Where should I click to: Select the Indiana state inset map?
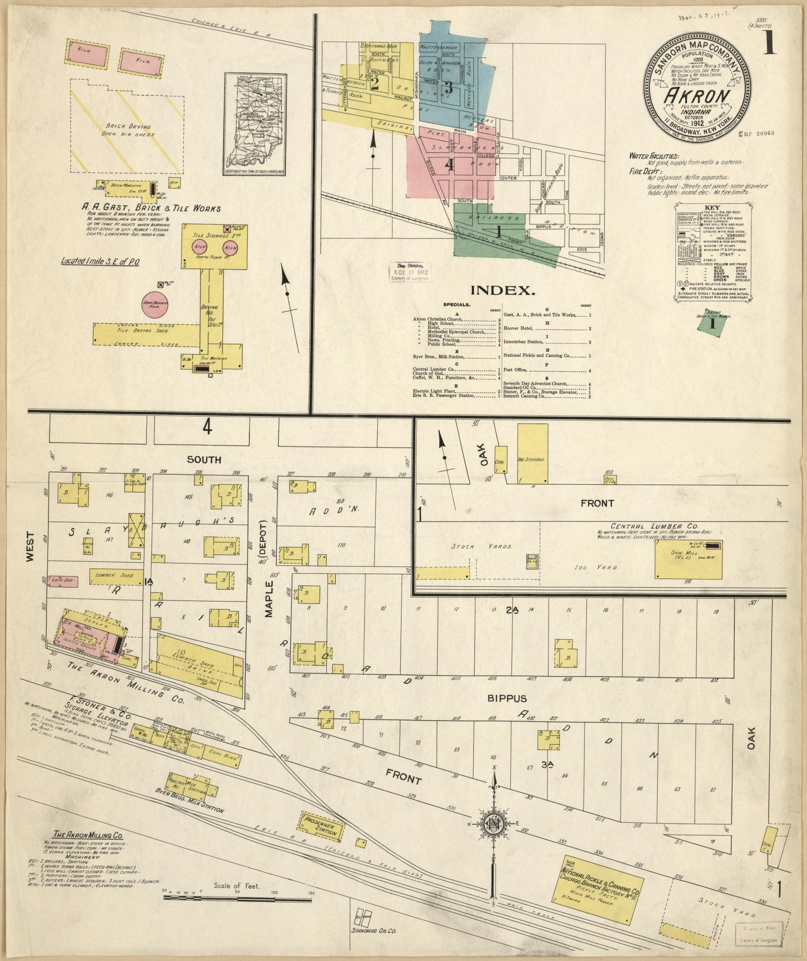(x=256, y=124)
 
